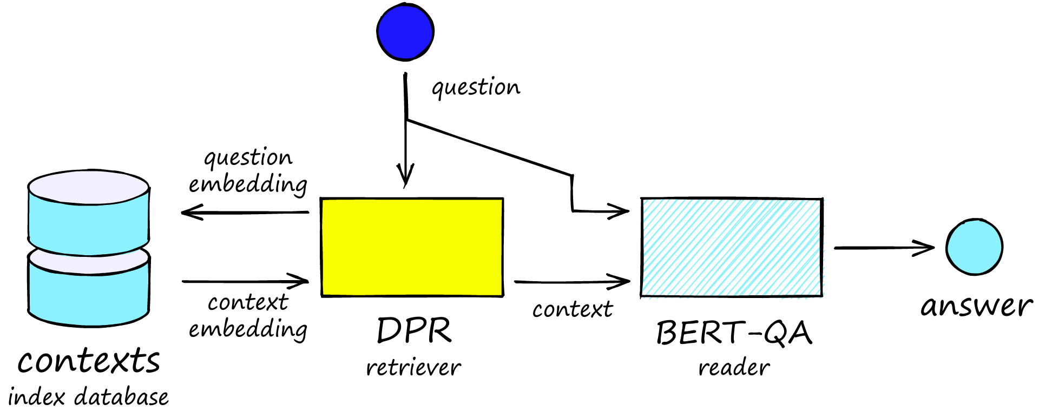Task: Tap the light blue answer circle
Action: click(x=974, y=247)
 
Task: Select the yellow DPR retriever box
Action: click(x=412, y=247)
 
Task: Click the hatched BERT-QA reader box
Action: click(x=732, y=247)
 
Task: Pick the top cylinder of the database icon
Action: click(x=89, y=214)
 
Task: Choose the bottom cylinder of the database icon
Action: click(x=89, y=289)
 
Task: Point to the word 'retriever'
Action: click(x=413, y=368)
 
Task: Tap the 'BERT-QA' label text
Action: click(x=734, y=333)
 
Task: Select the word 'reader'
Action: click(x=734, y=368)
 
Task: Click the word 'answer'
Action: click(x=977, y=306)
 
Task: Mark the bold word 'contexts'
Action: click(x=89, y=361)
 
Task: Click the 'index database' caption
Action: click(x=88, y=397)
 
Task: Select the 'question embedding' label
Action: click(x=248, y=171)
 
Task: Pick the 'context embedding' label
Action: click(x=248, y=316)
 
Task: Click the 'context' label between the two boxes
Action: click(x=573, y=309)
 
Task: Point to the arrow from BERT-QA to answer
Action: click(x=884, y=248)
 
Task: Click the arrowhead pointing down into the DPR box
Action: click(x=405, y=176)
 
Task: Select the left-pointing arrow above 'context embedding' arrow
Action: click(x=245, y=212)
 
